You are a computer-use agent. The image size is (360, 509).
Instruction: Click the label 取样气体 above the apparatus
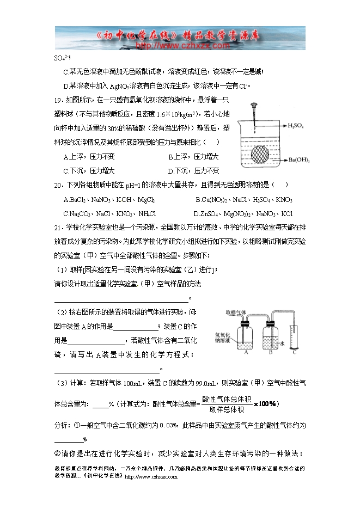(x=235, y=312)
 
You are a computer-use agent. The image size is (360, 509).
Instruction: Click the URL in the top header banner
(x=180, y=46)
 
